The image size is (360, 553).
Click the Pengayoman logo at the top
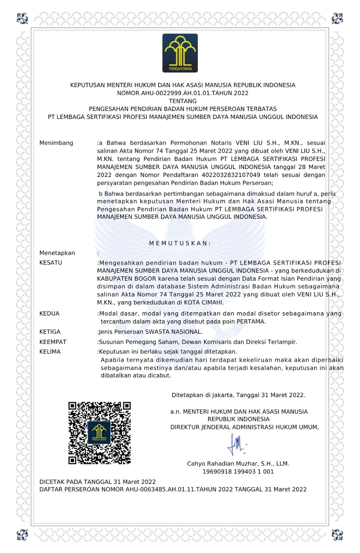[x=180, y=53]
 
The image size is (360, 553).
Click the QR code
[x=100, y=433]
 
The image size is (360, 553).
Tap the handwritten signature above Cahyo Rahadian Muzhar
[x=236, y=444]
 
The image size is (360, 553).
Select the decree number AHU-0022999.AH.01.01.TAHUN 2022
[x=183, y=93]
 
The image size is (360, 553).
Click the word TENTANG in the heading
[x=183, y=101]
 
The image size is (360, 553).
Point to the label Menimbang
[x=56, y=143]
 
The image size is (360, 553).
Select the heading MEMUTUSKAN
[x=180, y=243]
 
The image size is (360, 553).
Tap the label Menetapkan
[x=57, y=253]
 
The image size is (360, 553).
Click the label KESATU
[x=51, y=263]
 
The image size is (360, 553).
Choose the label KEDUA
[x=49, y=313]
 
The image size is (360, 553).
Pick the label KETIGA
[x=50, y=332]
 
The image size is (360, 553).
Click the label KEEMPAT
[x=53, y=342]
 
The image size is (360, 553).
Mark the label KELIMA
[x=50, y=352]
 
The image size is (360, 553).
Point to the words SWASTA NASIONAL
[x=173, y=332]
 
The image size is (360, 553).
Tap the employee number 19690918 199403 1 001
[x=238, y=471]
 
